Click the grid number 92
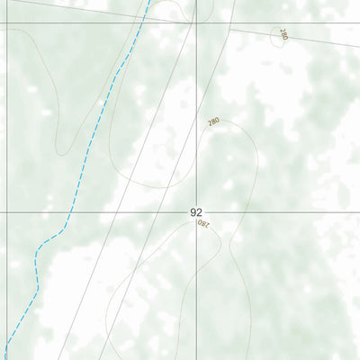coord(196,211)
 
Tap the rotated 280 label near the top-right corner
coord(283,35)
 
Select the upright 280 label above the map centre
coord(213,121)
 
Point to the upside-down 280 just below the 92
coord(202,223)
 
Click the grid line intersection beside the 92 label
coord(197,213)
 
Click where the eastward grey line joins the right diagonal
coord(229,27)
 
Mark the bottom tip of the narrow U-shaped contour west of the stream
coord(61,151)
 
